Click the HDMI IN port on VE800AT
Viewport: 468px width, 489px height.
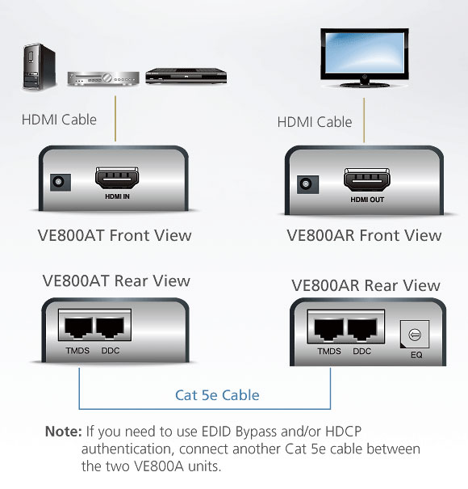[117, 178]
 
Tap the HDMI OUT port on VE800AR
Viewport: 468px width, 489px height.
[367, 179]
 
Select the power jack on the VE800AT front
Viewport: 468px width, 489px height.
[61, 182]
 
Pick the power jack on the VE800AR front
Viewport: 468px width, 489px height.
[307, 184]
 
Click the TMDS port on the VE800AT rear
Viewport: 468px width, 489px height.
[77, 327]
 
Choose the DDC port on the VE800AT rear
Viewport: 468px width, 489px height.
[111, 327]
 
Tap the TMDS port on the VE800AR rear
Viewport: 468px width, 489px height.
[329, 330]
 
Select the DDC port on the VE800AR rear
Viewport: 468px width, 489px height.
[362, 330]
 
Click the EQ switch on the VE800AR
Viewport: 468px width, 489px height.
[415, 335]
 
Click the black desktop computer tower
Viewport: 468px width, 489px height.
[40, 66]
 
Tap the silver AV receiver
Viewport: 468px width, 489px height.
[103, 78]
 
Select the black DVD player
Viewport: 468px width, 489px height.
[186, 76]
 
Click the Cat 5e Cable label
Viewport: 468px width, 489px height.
[217, 395]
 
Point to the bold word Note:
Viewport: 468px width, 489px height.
[64, 432]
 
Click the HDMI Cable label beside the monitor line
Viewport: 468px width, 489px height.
[315, 122]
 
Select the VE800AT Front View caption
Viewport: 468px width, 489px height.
[115, 235]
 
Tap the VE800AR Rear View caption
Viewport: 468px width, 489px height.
[366, 285]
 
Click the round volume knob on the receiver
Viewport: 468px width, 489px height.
[108, 78]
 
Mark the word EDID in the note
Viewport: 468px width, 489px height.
[217, 432]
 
